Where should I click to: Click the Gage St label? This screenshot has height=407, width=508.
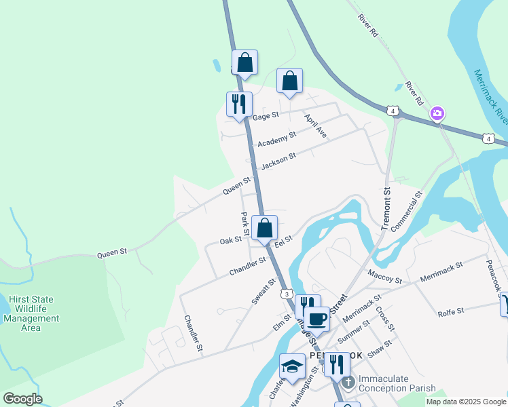click(x=266, y=117)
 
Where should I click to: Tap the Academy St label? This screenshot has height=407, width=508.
click(x=277, y=138)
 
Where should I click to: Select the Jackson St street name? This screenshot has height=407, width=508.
click(x=278, y=161)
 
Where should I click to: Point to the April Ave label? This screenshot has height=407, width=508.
click(x=316, y=125)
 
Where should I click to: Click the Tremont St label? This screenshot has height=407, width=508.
click(x=386, y=209)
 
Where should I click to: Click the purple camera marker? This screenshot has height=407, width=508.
click(x=438, y=113)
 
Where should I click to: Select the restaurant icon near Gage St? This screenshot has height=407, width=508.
click(x=239, y=104)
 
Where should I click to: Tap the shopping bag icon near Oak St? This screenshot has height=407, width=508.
click(x=264, y=228)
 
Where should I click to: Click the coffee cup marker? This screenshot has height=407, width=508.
click(x=316, y=317)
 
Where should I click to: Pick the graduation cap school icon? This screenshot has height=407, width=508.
click(x=292, y=366)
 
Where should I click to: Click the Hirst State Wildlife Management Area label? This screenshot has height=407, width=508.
click(x=31, y=313)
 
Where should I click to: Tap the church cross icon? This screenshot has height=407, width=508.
click(x=348, y=383)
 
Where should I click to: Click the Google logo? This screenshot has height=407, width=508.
click(x=22, y=399)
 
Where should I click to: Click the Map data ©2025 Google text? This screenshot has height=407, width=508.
click(x=465, y=402)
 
